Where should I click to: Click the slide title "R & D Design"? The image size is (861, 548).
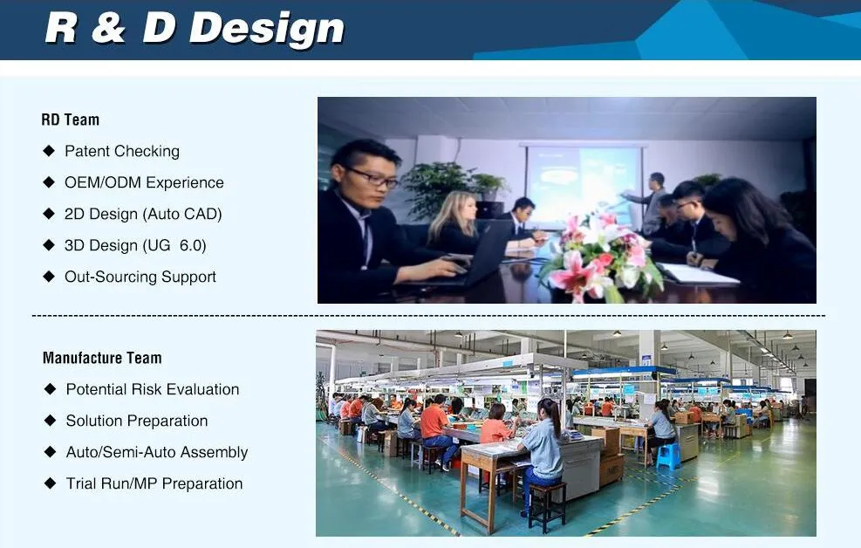click(x=195, y=29)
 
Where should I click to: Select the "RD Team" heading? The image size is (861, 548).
click(x=71, y=120)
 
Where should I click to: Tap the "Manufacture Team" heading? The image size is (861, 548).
click(x=102, y=358)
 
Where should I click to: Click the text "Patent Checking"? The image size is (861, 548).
click(x=122, y=151)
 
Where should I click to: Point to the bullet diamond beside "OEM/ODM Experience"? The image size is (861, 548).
click(x=49, y=182)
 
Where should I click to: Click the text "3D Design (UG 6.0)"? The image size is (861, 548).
click(x=135, y=245)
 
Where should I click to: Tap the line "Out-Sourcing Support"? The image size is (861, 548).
click(x=140, y=277)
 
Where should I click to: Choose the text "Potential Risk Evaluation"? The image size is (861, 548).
click(x=153, y=389)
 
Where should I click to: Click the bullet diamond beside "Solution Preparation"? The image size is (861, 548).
click(x=50, y=421)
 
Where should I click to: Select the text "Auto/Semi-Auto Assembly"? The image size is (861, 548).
click(x=157, y=452)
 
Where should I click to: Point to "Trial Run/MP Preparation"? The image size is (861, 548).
click(x=154, y=483)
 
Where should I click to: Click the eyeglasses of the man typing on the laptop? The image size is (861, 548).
click(x=373, y=177)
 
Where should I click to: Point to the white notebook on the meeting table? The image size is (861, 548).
click(x=697, y=273)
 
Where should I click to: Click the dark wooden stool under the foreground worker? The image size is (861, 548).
click(x=546, y=505)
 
